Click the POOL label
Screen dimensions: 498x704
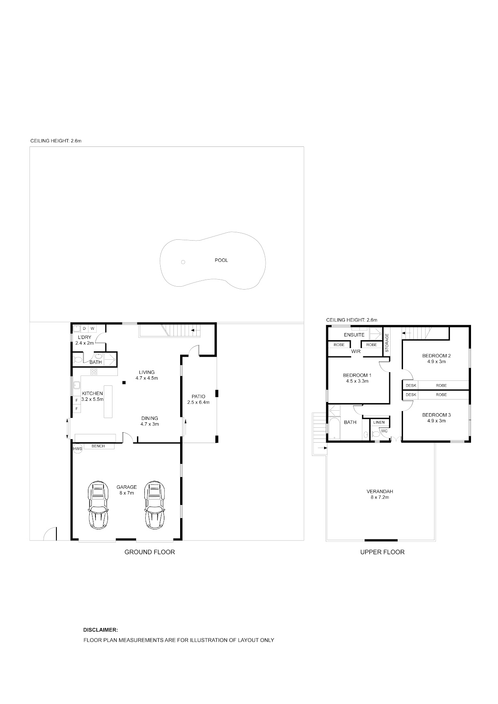221,260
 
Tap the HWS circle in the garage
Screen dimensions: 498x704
77,449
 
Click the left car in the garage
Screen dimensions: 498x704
98,505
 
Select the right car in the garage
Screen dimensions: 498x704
155,505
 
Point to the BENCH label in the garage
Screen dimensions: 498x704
98,446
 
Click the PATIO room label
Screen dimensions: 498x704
198,397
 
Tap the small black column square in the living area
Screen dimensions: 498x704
124,382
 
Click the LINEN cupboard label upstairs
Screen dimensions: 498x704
379,422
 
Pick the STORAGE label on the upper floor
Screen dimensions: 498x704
387,343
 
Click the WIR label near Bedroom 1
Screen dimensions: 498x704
356,351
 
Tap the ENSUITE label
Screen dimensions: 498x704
354,335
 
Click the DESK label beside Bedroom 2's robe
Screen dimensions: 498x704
411,385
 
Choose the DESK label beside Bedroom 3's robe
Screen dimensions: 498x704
411,395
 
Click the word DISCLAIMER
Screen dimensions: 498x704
100,630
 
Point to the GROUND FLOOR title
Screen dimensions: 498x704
150,552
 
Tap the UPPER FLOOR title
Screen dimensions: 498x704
382,552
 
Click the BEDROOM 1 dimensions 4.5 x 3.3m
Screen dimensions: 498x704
357,381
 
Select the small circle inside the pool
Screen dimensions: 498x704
183,262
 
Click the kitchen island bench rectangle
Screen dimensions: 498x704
108,402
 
